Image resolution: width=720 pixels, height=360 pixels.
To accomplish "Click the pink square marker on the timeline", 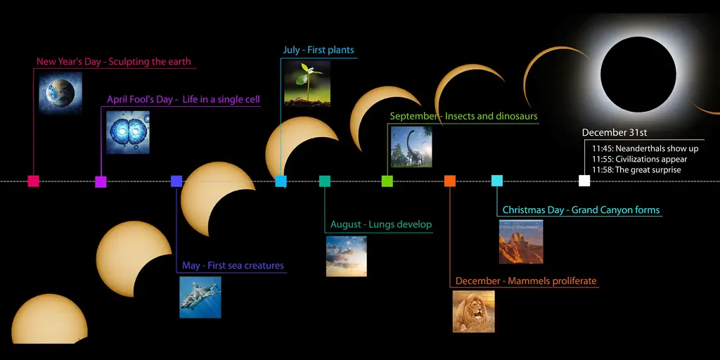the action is coord(33,181).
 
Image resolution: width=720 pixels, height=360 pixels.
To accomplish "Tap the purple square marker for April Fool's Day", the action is coord(101,182).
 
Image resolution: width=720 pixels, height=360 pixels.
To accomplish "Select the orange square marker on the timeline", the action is coord(449,181).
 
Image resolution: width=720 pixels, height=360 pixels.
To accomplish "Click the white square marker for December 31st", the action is coord(584,181).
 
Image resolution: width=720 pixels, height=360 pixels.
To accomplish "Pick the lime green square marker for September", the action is coord(387,181).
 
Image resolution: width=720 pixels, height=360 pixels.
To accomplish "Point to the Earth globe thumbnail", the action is coord(60,93).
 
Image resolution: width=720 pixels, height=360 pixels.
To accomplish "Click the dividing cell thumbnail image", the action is coord(128,132).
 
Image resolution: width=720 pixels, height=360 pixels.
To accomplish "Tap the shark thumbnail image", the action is coord(200,297).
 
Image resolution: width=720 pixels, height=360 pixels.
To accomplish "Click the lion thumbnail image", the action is coord(473,311).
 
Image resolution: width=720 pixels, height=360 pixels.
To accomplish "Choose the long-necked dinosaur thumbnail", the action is coord(411,146).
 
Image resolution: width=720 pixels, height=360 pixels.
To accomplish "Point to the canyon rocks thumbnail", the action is coord(521,242).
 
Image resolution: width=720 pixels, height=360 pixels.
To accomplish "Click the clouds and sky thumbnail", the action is coord(346,256).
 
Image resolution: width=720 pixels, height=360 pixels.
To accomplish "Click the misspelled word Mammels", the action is coord(529,281).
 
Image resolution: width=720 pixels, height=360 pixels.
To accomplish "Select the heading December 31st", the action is coord(615,133).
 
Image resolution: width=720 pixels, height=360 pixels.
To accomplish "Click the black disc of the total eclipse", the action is coord(638,75).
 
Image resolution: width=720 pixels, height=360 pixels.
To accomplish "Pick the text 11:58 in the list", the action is coord(602,170).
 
